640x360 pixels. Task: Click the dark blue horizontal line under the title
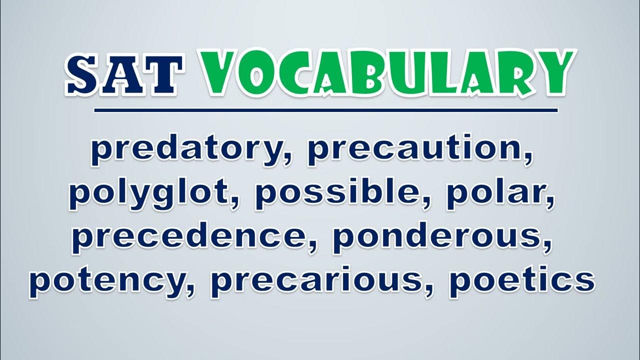point(326,110)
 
